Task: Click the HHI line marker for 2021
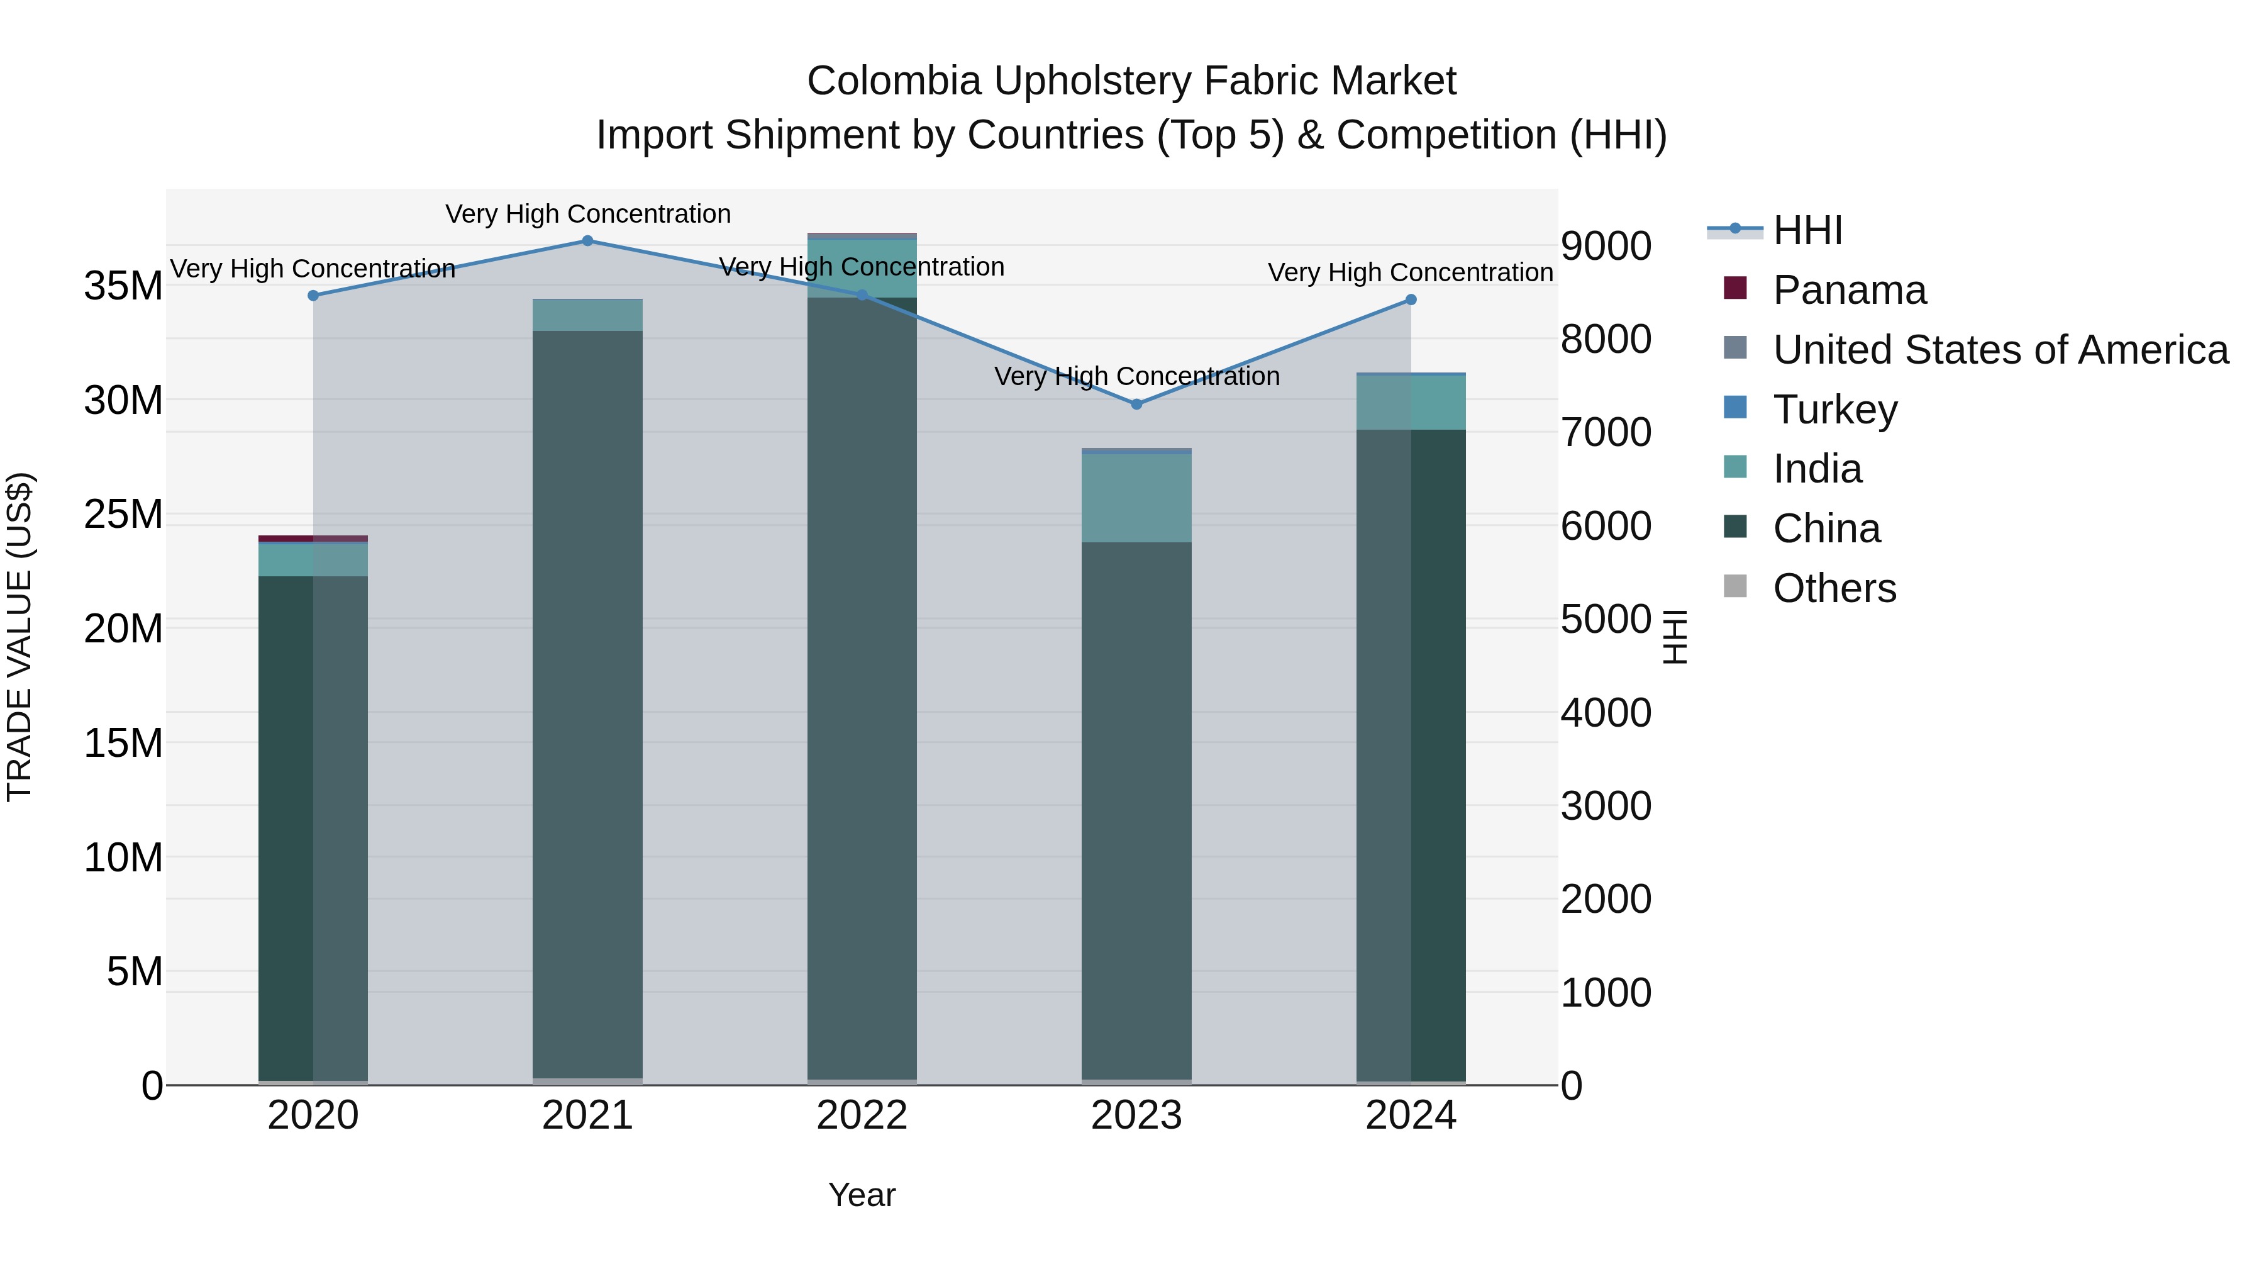point(587,241)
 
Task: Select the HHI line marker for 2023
point(1136,405)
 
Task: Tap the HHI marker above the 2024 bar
point(1411,300)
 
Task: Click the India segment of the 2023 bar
point(1136,498)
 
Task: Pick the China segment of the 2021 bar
point(587,703)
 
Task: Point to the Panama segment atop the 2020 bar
point(313,538)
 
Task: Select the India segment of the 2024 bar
point(1411,403)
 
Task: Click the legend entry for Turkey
point(1834,410)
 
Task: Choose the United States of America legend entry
point(1999,350)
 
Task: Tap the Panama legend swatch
point(1735,288)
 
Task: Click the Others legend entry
point(1834,588)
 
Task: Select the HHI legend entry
point(1807,230)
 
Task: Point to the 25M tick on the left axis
point(123,515)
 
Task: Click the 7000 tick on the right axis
point(1606,433)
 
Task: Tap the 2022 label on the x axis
point(862,1115)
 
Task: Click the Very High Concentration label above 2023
point(1136,376)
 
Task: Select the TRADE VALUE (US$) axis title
point(19,637)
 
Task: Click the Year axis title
point(862,1195)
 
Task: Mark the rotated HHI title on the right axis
point(1676,637)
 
